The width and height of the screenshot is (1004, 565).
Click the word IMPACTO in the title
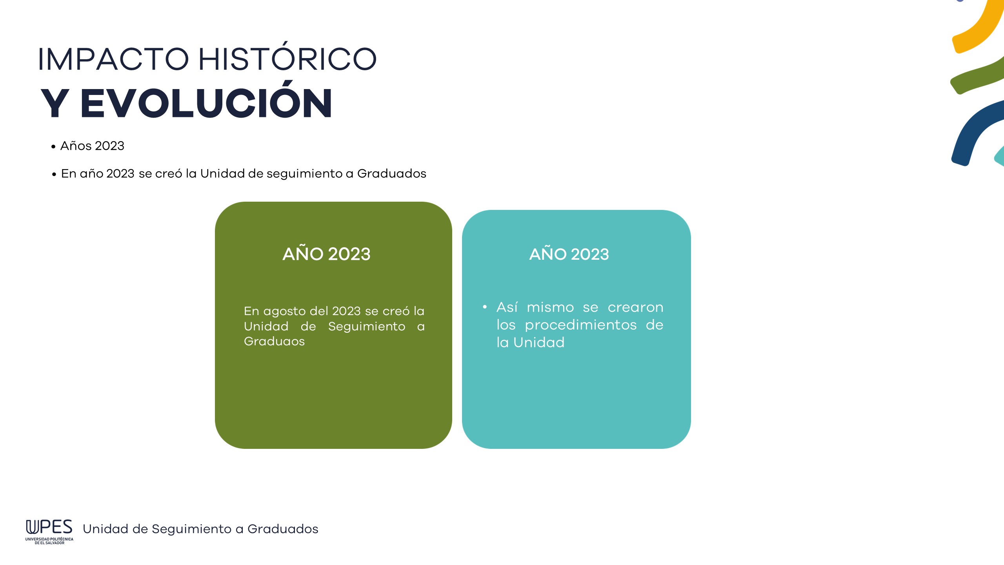tap(113, 59)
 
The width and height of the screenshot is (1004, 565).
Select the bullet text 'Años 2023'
tap(92, 146)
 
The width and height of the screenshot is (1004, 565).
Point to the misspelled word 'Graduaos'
tap(274, 341)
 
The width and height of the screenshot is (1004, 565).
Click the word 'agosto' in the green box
tap(284, 312)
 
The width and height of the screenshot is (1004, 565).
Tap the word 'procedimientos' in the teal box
tap(581, 325)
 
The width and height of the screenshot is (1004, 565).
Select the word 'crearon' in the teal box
tap(635, 308)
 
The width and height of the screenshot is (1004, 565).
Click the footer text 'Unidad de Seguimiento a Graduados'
tap(200, 529)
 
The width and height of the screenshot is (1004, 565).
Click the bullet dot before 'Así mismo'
tap(485, 307)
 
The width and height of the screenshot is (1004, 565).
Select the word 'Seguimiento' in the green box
tap(367, 327)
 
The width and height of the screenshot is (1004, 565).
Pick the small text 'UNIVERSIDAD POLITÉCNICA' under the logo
tap(49, 539)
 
